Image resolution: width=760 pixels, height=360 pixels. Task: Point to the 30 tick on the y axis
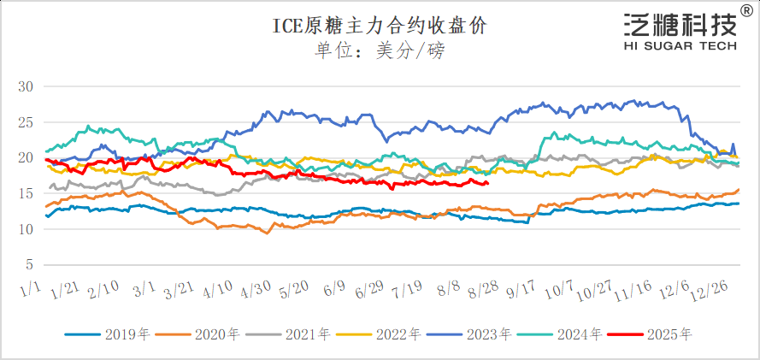click(25, 86)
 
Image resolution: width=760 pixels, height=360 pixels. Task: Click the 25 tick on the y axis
click(25, 122)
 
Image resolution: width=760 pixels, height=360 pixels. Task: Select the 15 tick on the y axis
click(25, 193)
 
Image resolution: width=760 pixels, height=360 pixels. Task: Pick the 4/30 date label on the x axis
click(256, 292)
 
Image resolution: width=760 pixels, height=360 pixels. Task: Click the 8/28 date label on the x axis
click(483, 292)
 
